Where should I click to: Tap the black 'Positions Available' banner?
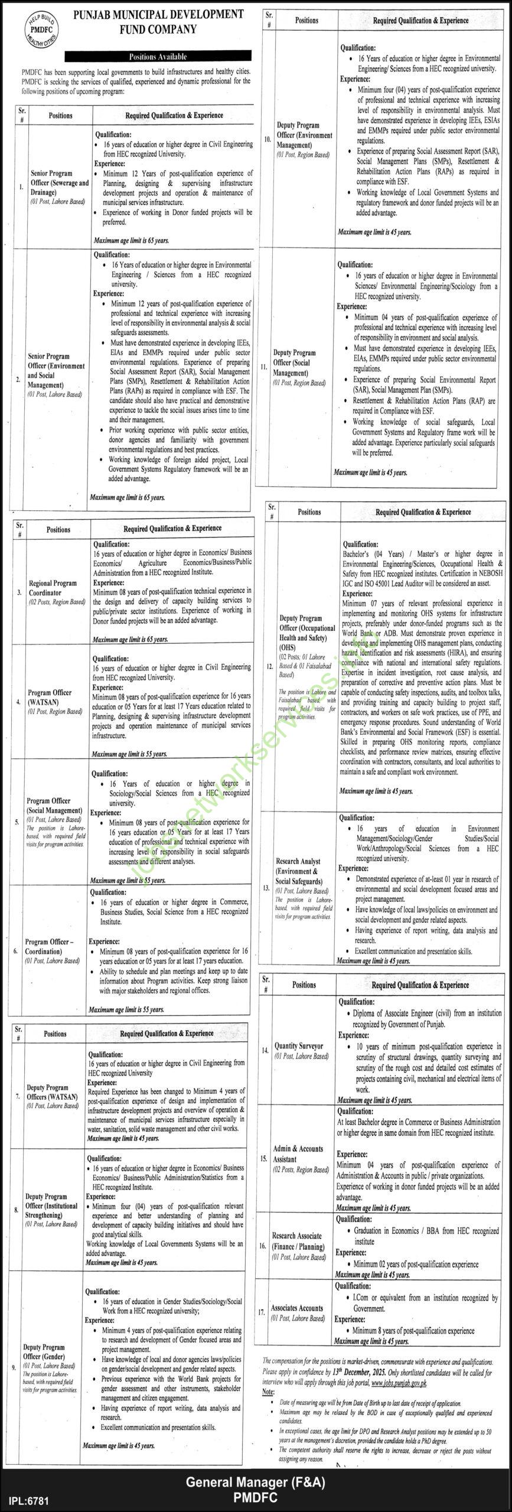pyautogui.click(x=158, y=57)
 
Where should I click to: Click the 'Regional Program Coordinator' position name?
pyautogui.click(x=53, y=588)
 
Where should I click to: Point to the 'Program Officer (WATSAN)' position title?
pyautogui.click(x=50, y=696)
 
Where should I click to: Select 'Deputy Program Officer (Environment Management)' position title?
pyautogui.click(x=304, y=135)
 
